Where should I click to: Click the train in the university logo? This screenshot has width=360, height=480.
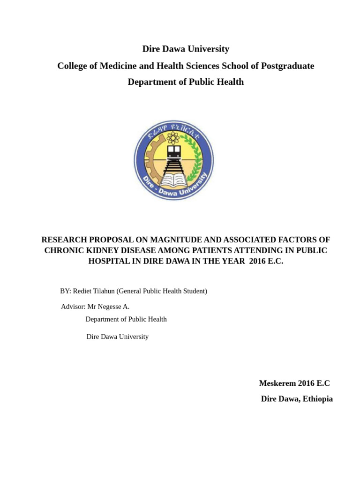coord(174,152)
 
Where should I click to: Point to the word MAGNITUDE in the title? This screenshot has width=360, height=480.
coord(170,240)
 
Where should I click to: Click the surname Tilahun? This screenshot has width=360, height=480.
coord(105,291)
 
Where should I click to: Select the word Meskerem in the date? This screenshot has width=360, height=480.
coord(277,383)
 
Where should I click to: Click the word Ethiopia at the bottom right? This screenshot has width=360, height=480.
coord(318,399)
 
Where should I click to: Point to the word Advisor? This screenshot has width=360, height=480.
coord(73,307)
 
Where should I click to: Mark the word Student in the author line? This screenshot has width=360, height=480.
coord(193,291)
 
